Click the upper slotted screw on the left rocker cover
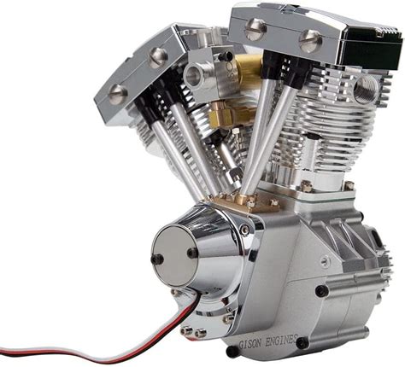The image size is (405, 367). [x=158, y=57]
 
